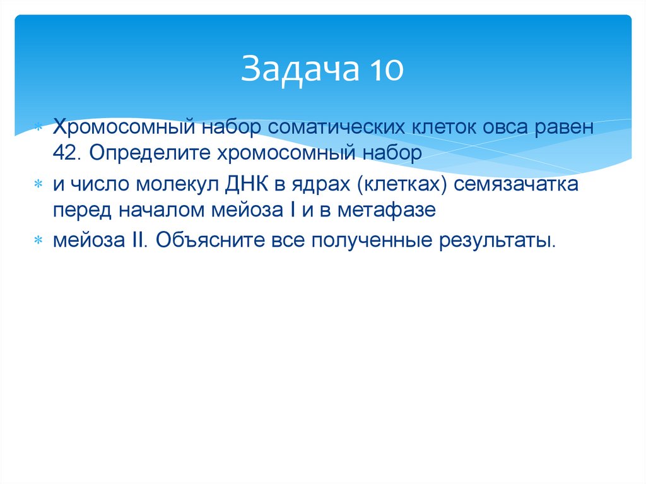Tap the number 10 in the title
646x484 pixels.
(x=382, y=69)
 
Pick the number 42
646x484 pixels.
(x=64, y=154)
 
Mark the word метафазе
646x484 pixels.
(x=386, y=211)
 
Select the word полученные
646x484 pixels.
(x=362, y=241)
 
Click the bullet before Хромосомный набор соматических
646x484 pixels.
(x=39, y=127)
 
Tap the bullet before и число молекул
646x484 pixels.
(x=39, y=186)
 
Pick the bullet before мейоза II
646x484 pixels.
(x=39, y=241)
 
